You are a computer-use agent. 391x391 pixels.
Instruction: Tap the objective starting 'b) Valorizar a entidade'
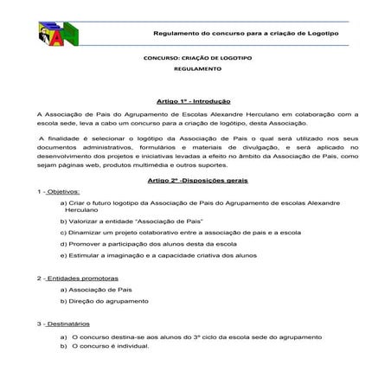pyautogui.click(x=130, y=221)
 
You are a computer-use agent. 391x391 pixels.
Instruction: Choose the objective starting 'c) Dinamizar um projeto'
pyautogui.click(x=180, y=233)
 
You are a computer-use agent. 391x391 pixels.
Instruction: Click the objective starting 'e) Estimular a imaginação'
pyautogui.click(x=158, y=255)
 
